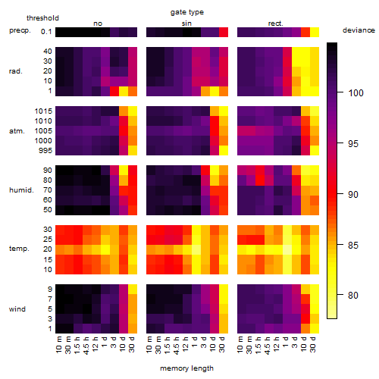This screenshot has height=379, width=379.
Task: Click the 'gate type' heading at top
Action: [187, 12]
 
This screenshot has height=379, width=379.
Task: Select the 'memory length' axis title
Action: [186, 368]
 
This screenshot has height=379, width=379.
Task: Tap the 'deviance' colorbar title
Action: [359, 30]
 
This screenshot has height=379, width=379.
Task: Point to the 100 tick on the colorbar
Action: [340, 92]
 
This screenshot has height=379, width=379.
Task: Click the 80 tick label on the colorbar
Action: [353, 295]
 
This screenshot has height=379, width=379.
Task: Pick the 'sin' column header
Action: [186, 23]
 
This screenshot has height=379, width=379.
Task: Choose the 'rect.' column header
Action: [275, 23]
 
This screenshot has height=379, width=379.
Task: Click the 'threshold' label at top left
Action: [42, 18]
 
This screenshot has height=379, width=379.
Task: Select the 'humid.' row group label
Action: [21, 189]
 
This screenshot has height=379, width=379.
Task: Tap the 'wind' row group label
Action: [17, 309]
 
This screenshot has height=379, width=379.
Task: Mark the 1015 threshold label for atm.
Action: [43, 111]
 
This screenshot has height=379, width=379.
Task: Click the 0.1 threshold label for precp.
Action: [46, 32]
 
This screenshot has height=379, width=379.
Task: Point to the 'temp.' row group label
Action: [19, 249]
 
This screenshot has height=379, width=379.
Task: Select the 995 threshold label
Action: [45, 151]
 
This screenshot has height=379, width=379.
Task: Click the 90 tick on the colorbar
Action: [340, 194]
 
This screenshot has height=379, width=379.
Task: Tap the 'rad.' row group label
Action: [16, 71]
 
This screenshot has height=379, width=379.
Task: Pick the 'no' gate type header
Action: [98, 23]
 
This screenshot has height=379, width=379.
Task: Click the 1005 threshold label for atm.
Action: [43, 131]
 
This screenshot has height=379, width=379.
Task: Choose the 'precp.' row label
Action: [20, 30]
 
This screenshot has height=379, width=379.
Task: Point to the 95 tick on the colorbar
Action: [340, 143]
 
